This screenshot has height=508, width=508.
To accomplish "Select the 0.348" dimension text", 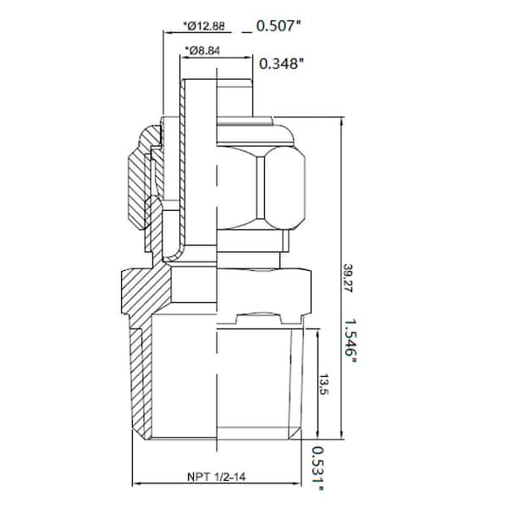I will click(281, 63).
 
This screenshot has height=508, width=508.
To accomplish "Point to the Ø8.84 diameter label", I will click(205, 51).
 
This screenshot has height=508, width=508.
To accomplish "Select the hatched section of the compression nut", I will click(141, 174).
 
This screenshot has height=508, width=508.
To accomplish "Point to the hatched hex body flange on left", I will click(144, 292).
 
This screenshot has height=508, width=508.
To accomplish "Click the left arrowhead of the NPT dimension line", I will click(138, 485).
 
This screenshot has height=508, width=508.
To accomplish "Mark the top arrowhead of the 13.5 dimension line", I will click(317, 334).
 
